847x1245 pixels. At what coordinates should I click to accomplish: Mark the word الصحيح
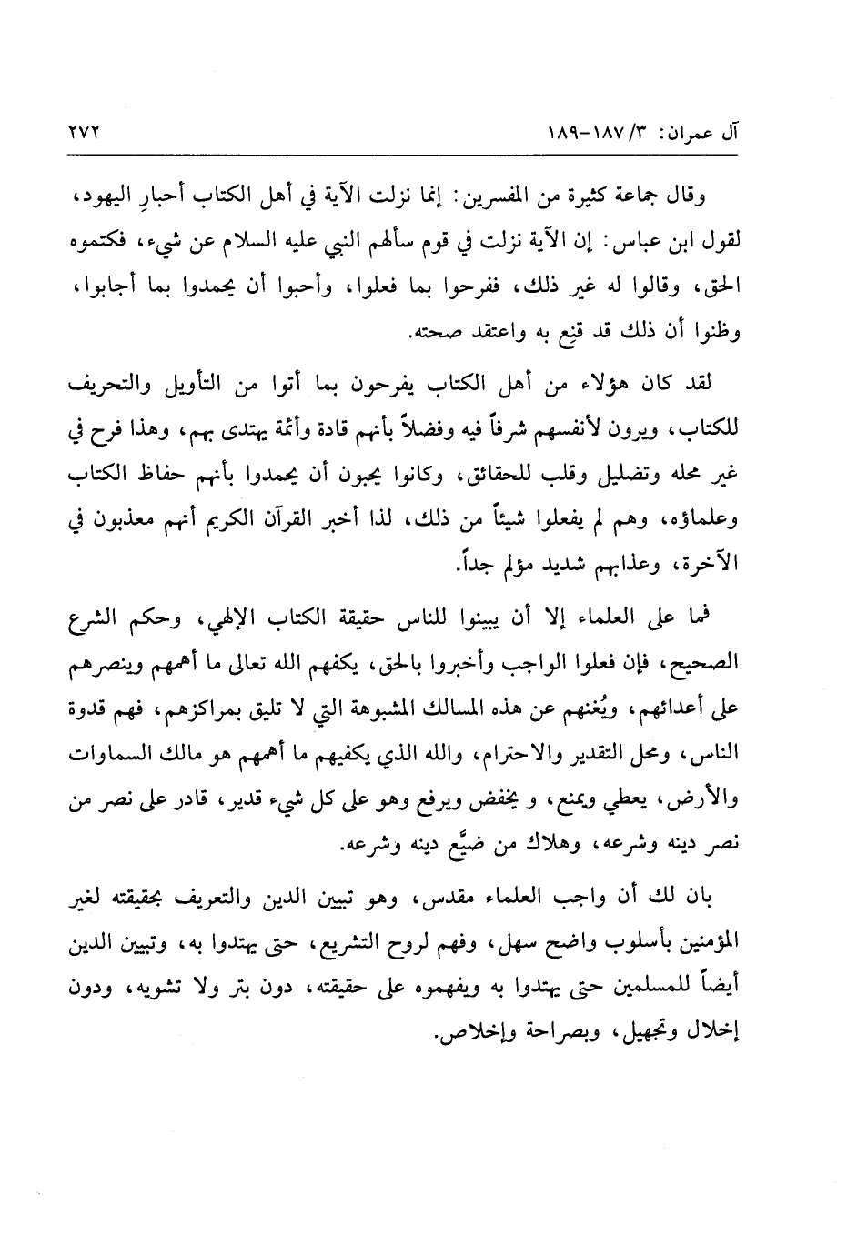pos(705,669)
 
